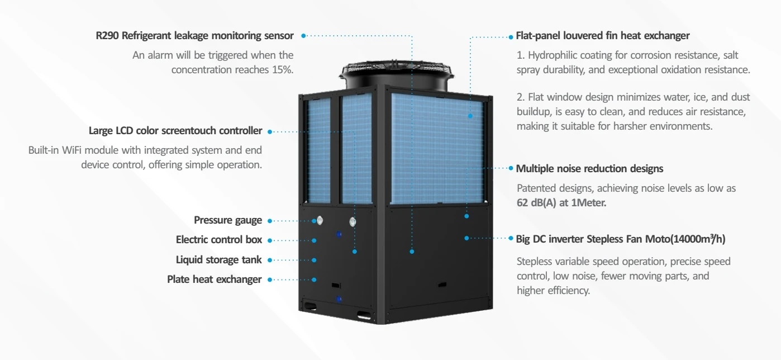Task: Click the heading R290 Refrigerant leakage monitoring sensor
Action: pyautogui.click(x=194, y=36)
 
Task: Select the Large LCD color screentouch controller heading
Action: pyautogui.click(x=175, y=131)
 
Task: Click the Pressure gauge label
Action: pyautogui.click(x=227, y=220)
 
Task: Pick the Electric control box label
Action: pyautogui.click(x=218, y=240)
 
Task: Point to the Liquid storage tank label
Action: pyautogui.click(x=218, y=259)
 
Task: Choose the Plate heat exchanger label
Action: pyautogui.click(x=214, y=279)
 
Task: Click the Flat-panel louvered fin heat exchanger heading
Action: pyautogui.click(x=602, y=36)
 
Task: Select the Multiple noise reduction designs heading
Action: pyautogui.click(x=589, y=168)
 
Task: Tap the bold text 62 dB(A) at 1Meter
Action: pyautogui.click(x=561, y=202)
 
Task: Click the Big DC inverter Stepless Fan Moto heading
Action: pyautogui.click(x=620, y=239)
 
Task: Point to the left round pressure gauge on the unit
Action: pyautogui.click(x=320, y=221)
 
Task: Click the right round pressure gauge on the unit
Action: pyautogui.click(x=353, y=222)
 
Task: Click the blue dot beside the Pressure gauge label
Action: pyautogui.click(x=269, y=221)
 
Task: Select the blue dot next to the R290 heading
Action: pyautogui.click(x=303, y=36)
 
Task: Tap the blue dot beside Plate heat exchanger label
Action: pyautogui.click(x=269, y=280)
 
